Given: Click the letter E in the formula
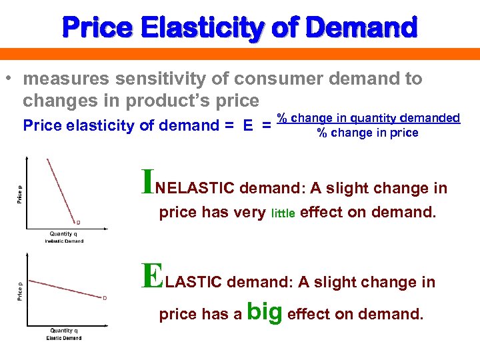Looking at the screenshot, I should coord(248,125).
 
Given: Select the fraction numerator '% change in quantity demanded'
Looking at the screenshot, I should coord(369,118).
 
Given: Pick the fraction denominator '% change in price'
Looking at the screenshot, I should coord(367,133).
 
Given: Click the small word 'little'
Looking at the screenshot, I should coord(285,214).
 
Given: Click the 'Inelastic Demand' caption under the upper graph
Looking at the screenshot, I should coord(64,241).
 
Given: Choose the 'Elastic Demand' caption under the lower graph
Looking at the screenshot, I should coord(64,338).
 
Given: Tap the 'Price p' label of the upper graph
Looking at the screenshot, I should coord(19,193).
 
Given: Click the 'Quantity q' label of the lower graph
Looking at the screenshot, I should coord(64,331).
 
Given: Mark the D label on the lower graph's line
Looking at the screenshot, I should coord(104,298).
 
